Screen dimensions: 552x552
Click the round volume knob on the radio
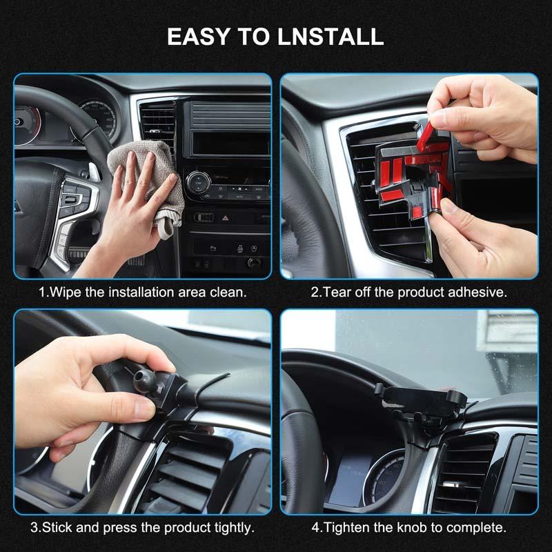click(x=197, y=182)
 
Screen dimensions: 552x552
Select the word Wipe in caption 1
click(x=64, y=292)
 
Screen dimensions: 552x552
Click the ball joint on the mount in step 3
click(x=145, y=378)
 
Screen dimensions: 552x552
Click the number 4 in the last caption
click(x=315, y=528)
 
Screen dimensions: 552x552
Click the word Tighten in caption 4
click(x=344, y=528)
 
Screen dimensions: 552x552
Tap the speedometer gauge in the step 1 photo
click(x=97, y=117)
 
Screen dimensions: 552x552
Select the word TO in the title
click(x=252, y=37)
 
